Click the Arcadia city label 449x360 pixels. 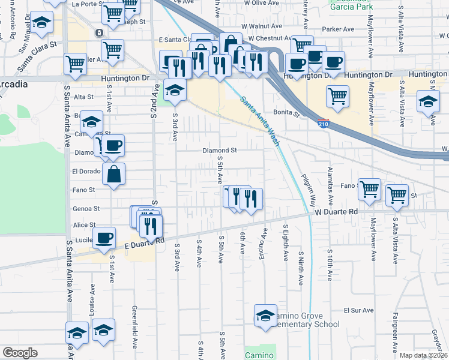[13, 84]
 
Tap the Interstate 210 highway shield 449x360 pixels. [323, 122]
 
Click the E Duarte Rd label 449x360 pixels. [145, 242]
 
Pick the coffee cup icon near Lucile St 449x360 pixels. [104, 237]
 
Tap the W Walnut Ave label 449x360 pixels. [262, 26]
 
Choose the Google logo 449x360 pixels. [19, 353]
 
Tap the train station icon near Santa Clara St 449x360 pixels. [97, 32]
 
